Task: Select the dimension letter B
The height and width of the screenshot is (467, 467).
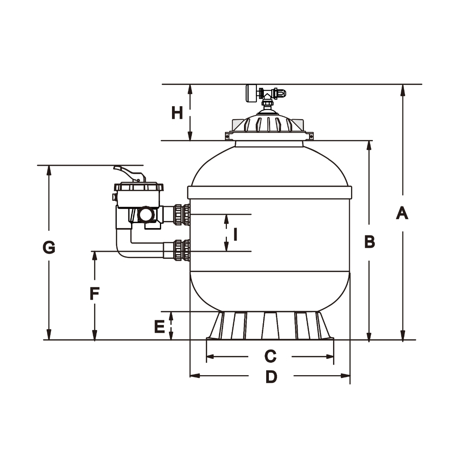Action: click(369, 242)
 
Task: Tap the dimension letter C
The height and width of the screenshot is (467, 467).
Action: click(270, 356)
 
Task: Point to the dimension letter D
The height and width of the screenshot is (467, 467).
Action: click(271, 377)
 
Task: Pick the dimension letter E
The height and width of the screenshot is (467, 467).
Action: click(160, 327)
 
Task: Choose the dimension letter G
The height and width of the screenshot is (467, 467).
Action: click(49, 248)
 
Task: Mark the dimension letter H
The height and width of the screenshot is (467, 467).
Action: click(177, 113)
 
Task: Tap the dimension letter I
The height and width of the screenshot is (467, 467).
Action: click(235, 234)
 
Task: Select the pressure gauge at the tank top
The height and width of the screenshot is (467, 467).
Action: click(251, 93)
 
